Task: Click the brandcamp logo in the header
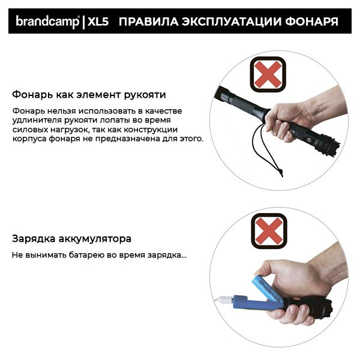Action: click(47, 22)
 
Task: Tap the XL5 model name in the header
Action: click(97, 22)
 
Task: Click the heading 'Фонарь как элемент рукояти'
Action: click(89, 95)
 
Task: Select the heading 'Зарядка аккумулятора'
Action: click(71, 238)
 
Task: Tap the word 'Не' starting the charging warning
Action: click(17, 255)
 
